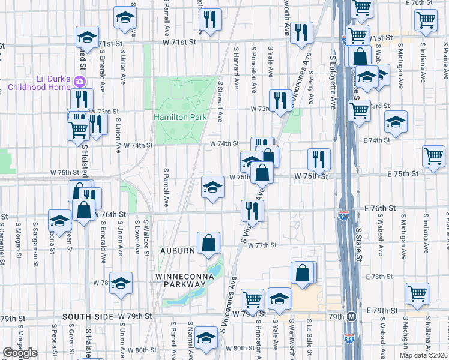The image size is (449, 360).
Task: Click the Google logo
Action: coord(20,353)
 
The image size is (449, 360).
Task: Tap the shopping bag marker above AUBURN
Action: coord(208,244)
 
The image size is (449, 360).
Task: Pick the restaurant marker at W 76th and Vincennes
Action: coord(252,210)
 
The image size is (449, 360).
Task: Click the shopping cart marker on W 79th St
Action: coord(253,298)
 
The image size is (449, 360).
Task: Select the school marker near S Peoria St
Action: coord(59,220)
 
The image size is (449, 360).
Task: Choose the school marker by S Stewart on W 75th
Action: coord(212,187)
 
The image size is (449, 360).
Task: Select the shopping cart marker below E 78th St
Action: coord(417,293)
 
